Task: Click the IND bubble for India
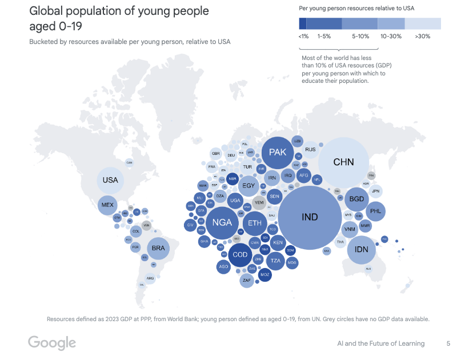tap(310, 218)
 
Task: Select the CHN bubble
tap(343, 162)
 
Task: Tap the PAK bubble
tap(278, 153)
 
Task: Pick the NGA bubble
tap(222, 222)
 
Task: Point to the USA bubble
tap(110, 181)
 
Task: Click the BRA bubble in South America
tap(158, 248)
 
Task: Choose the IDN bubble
tap(362, 250)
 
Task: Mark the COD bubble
tap(240, 255)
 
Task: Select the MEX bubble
tap(107, 205)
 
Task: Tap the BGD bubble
tap(357, 199)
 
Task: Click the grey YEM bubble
tap(259, 202)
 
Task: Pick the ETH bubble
tap(254, 223)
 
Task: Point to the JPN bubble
tap(375, 191)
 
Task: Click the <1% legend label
tap(303, 36)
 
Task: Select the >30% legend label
tap(423, 36)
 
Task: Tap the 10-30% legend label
tap(391, 36)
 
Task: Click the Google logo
tap(52, 343)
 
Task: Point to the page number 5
tap(448, 343)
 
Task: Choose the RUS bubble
tap(310, 150)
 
